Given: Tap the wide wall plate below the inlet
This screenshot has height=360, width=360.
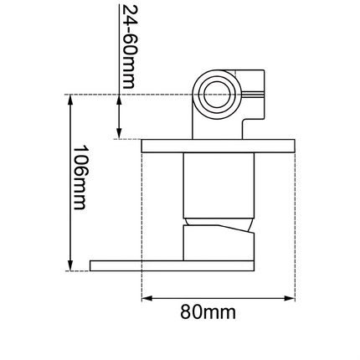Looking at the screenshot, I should (219, 145).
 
